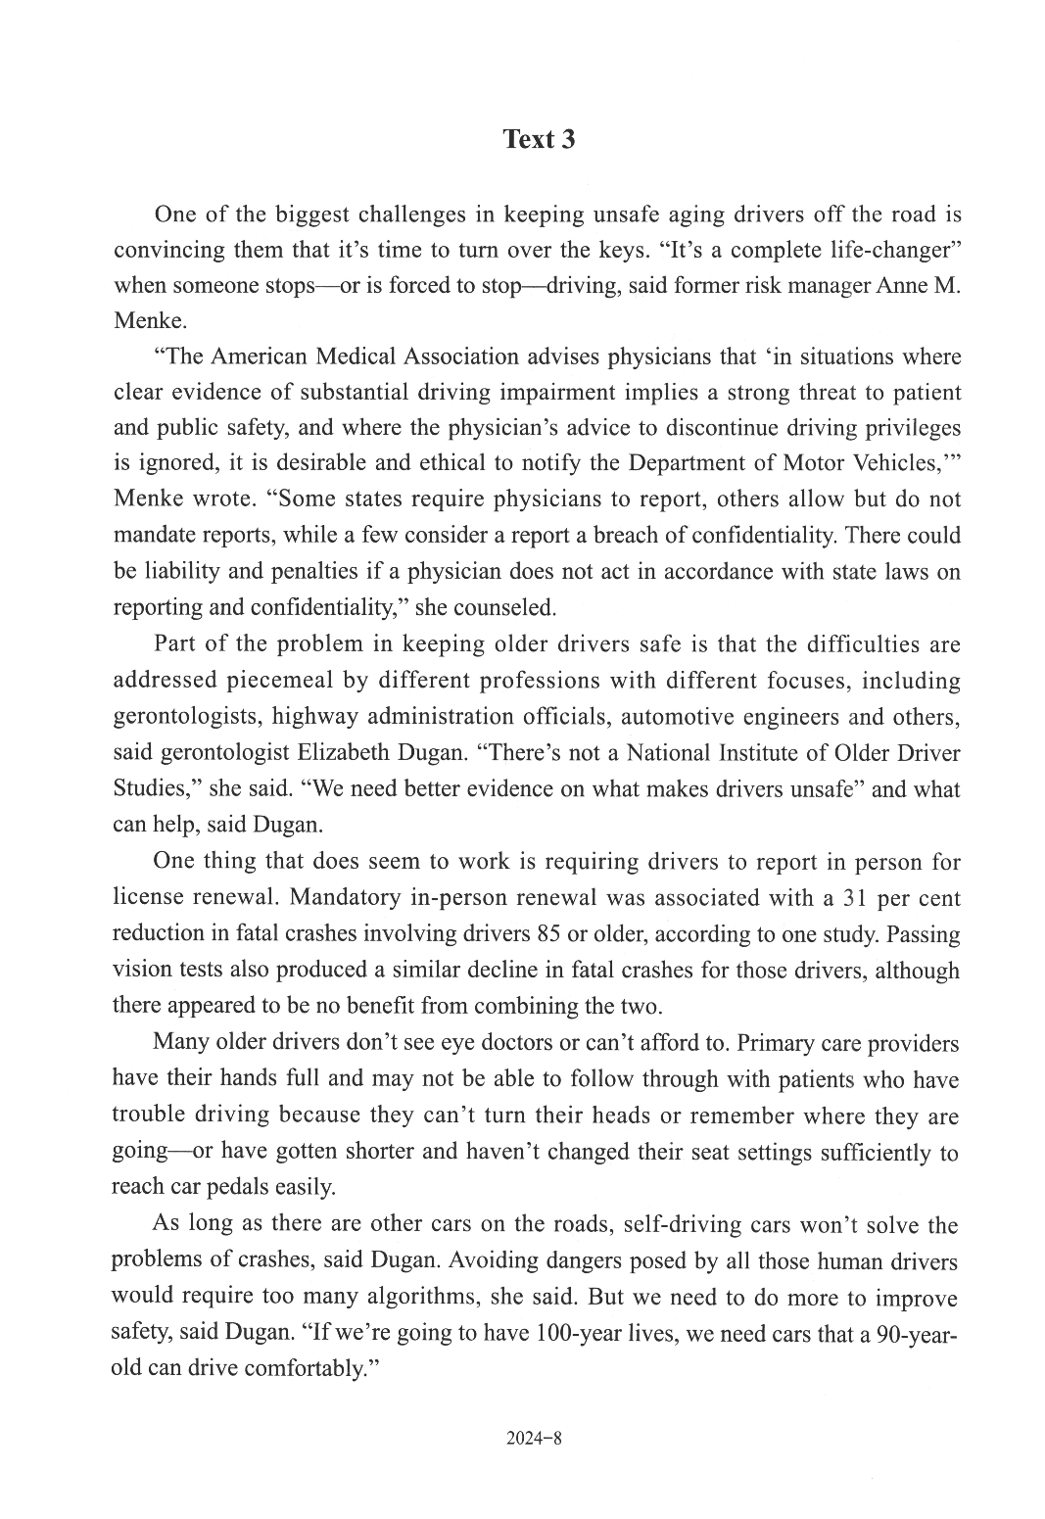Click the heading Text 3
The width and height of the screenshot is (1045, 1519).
(x=539, y=139)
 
